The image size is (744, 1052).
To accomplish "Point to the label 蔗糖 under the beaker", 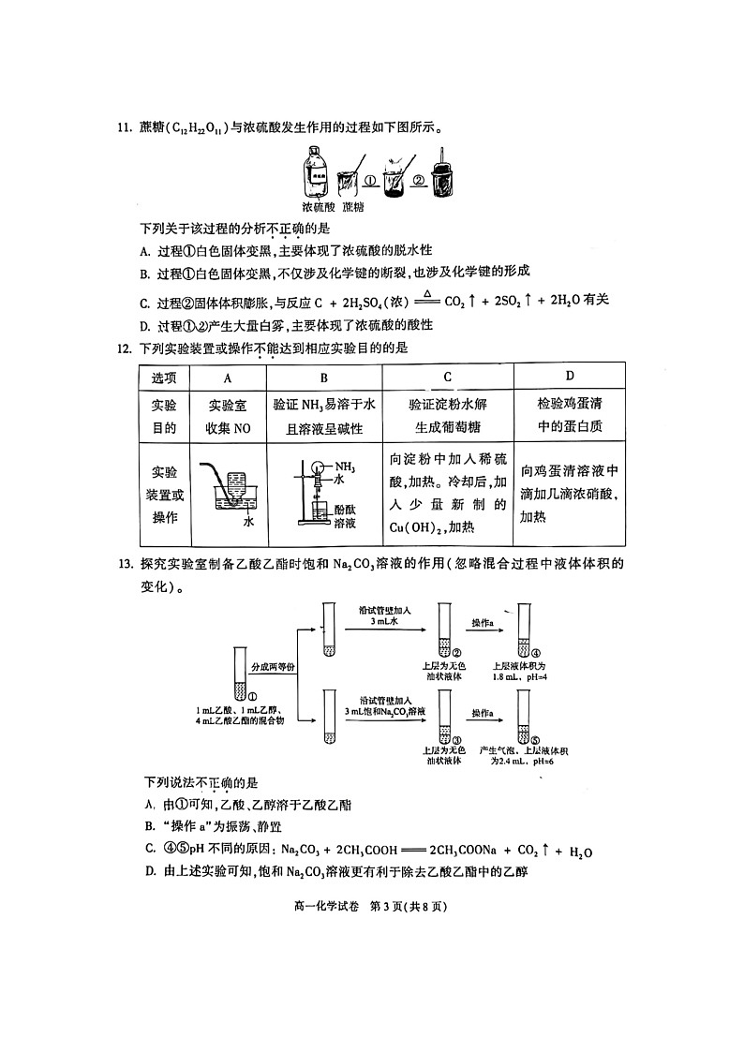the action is (353, 207).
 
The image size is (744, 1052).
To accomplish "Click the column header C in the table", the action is (448, 378).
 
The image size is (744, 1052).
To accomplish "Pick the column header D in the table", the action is (570, 377).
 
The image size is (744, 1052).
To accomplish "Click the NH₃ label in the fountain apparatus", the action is (345, 467).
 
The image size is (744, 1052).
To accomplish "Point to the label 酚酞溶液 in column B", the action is (345, 514).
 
